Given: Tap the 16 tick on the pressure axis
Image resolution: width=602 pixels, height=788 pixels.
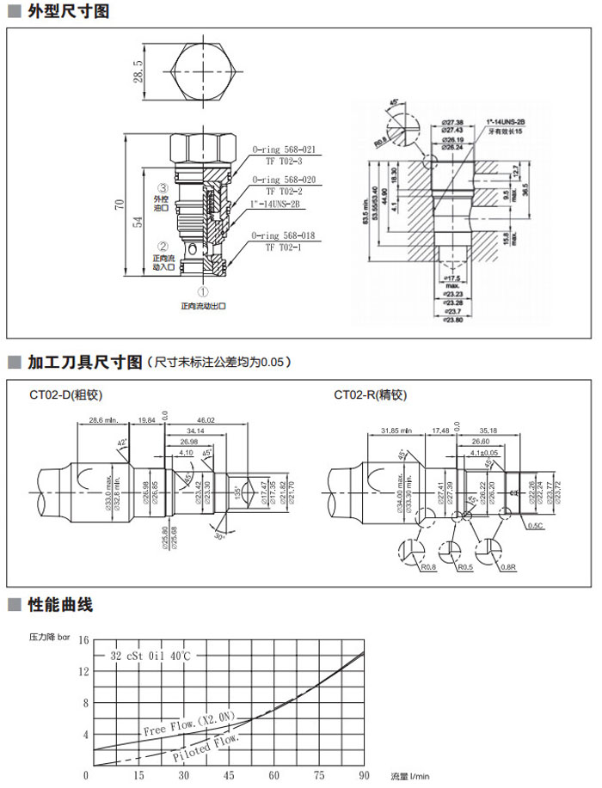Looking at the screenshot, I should pyautogui.click(x=83, y=640).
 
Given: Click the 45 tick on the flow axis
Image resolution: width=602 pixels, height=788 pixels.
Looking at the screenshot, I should pyautogui.click(x=230, y=776).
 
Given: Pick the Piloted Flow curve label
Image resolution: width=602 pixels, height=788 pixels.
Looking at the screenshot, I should pyautogui.click(x=206, y=747).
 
